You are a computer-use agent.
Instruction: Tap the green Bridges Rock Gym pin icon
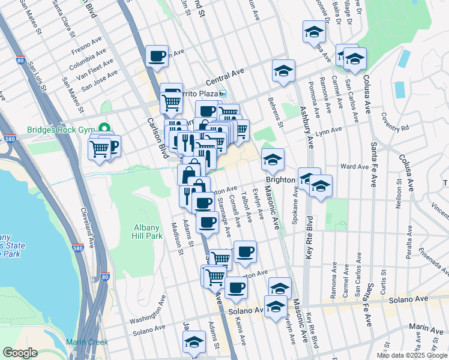pyautogui.click(x=106, y=128)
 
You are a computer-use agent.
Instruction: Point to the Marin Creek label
pyautogui.click(x=88, y=342)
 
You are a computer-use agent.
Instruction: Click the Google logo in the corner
pyautogui.click(x=20, y=353)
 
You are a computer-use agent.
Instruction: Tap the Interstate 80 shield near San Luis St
pyautogui.click(x=21, y=61)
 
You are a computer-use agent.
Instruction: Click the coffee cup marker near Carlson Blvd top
pyautogui.click(x=157, y=56)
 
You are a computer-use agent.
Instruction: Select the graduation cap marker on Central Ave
pyautogui.click(x=283, y=71)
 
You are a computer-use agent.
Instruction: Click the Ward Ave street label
pyautogui.click(x=354, y=167)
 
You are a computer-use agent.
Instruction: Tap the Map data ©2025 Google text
pyautogui.click(x=412, y=355)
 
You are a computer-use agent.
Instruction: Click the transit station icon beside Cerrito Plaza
pyautogui.click(x=222, y=94)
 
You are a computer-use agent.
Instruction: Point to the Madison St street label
pyautogui.click(x=176, y=239)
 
